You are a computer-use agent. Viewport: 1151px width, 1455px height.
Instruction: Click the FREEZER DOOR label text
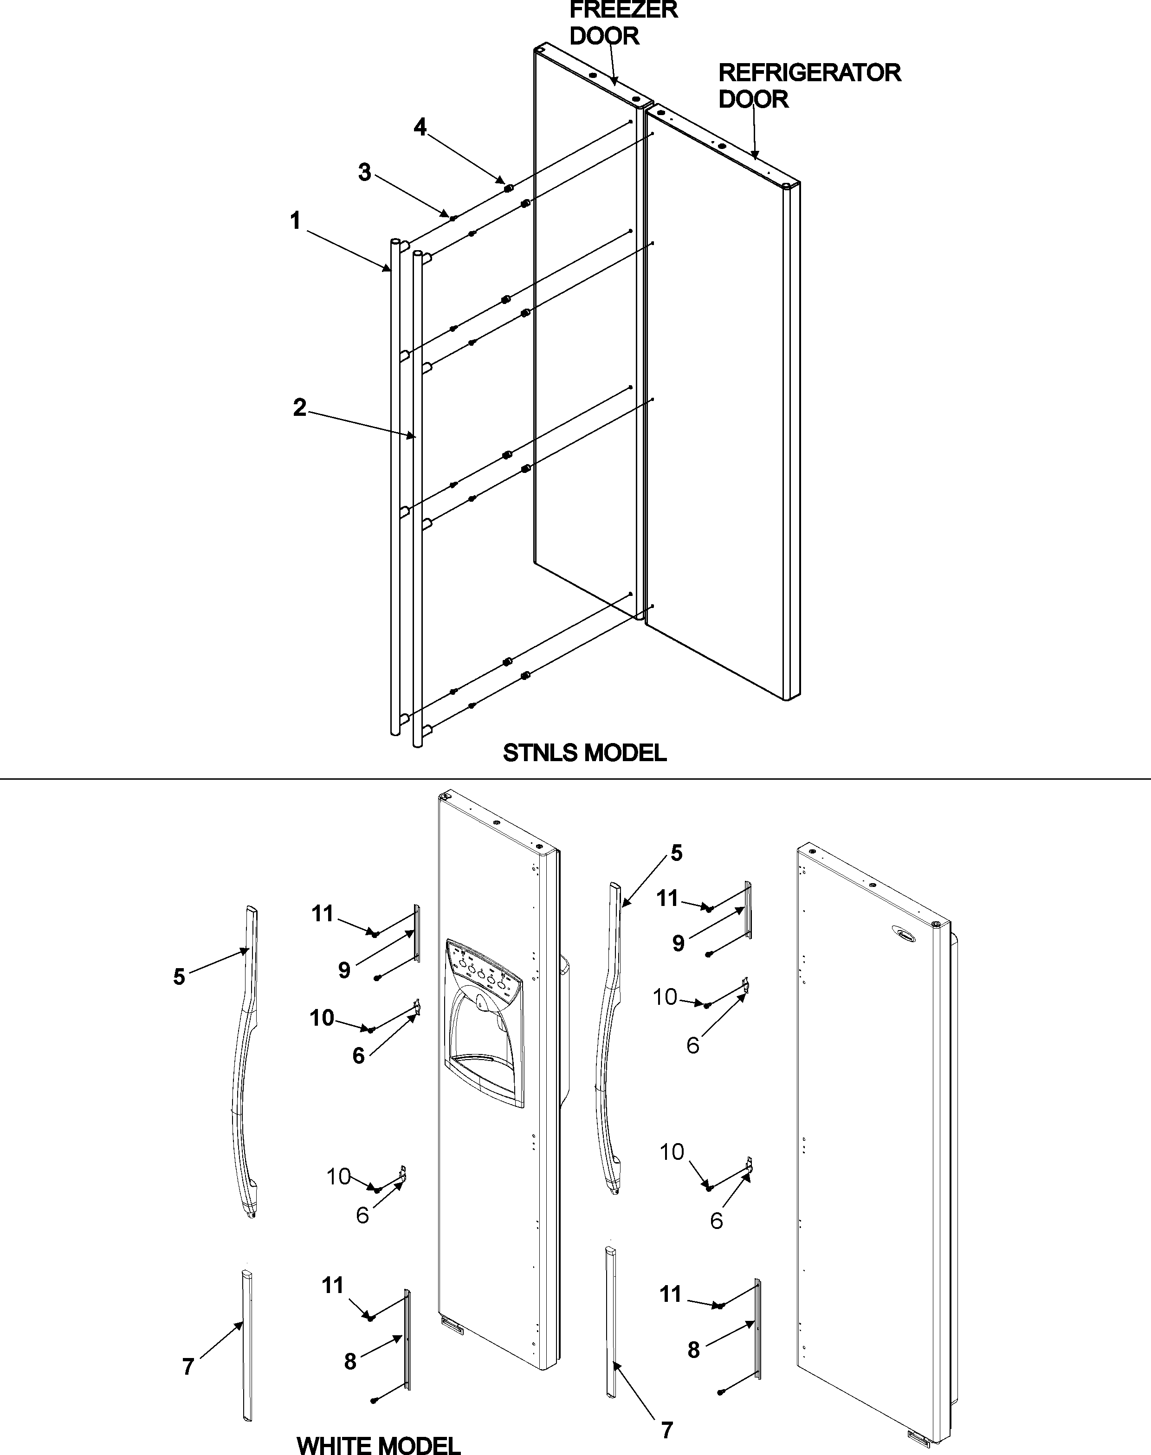623,22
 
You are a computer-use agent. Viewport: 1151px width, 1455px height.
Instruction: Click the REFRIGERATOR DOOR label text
808,85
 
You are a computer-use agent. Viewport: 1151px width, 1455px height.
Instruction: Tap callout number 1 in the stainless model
295,221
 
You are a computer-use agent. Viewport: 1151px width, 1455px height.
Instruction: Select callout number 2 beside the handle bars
300,407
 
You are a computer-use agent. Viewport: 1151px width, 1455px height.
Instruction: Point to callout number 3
365,173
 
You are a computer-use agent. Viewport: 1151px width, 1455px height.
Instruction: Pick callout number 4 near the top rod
420,127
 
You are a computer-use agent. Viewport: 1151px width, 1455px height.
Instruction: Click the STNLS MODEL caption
584,753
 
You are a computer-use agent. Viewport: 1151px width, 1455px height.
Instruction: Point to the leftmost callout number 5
179,976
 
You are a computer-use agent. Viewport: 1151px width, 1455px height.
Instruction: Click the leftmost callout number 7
188,1367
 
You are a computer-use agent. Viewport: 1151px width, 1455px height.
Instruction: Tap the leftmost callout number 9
344,970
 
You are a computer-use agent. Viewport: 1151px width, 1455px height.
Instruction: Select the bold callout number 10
322,1018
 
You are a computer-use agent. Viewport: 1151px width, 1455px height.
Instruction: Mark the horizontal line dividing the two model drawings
575,780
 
